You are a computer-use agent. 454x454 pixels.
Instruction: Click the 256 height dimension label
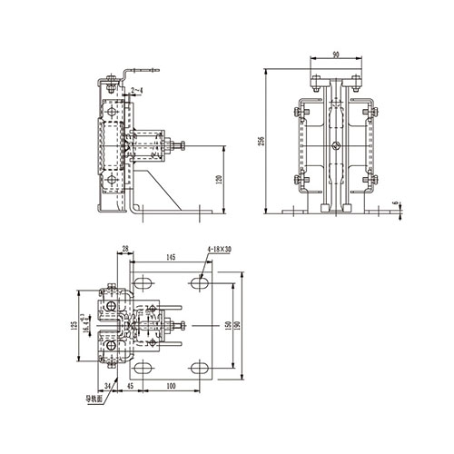tap(261, 141)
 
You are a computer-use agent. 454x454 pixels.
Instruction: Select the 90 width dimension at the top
tap(336, 55)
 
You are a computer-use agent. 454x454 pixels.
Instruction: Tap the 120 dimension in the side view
tap(218, 180)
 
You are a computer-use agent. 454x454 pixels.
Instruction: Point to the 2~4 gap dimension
tap(135, 91)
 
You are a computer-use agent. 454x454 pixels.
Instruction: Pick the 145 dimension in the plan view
tap(171, 259)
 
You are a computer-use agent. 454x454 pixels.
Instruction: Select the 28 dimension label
tap(124, 246)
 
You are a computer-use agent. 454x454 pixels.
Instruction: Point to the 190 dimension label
tap(242, 325)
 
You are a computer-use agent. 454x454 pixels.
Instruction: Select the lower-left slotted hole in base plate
tap(142, 367)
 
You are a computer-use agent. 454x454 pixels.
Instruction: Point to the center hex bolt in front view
tap(336, 145)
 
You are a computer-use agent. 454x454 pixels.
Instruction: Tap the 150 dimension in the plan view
tap(229, 325)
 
